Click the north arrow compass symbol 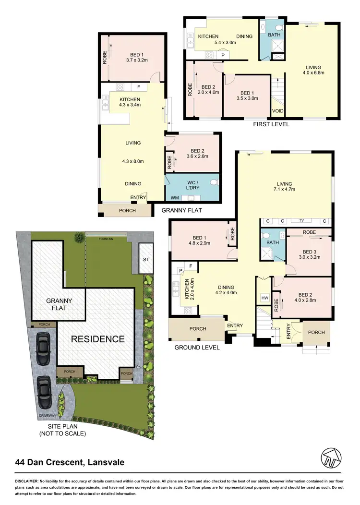tap(334, 458)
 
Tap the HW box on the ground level tap(264, 298)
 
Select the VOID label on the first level tap(278, 111)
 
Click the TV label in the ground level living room tap(301, 221)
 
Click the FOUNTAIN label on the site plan tap(106, 238)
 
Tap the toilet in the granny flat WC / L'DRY tap(214, 182)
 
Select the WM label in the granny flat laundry tap(174, 197)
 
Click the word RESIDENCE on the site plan tap(97, 339)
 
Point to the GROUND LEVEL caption tap(197, 347)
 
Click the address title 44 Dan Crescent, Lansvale tap(70, 463)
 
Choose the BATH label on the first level tap(274, 35)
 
